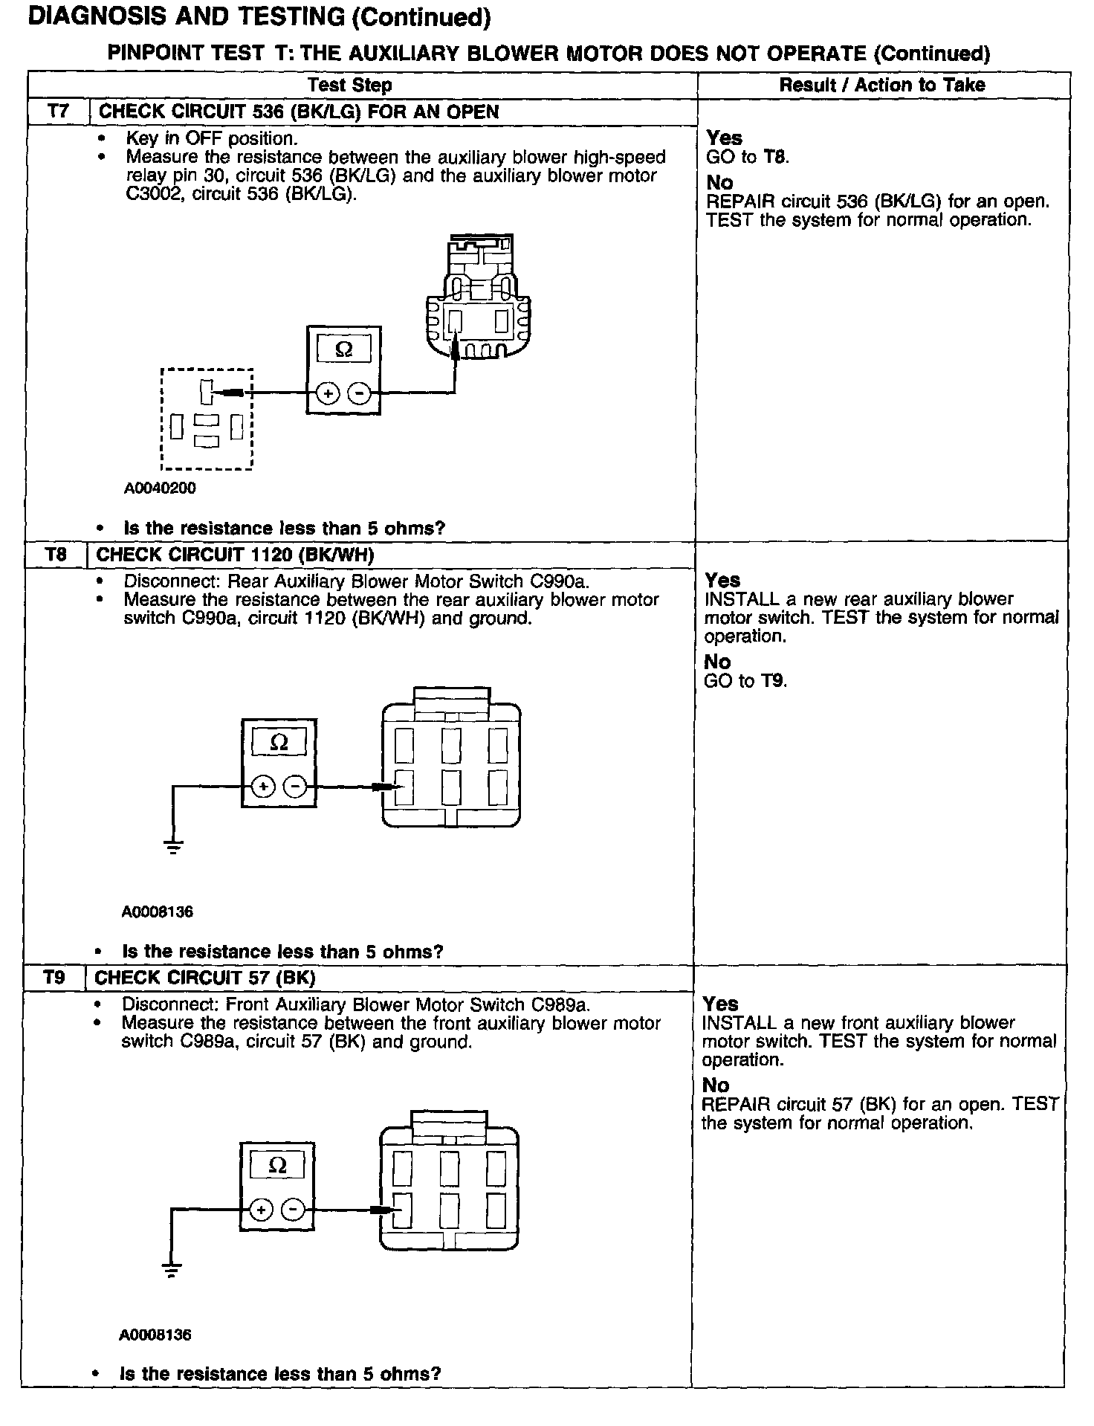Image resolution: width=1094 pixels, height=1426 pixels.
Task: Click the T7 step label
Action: pyautogui.click(x=57, y=112)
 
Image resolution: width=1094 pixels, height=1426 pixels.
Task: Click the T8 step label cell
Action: pyautogui.click(x=56, y=555)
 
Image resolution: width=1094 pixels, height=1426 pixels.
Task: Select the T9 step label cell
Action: pyautogui.click(x=54, y=977)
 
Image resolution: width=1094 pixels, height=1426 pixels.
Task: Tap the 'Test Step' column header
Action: pyautogui.click(x=349, y=85)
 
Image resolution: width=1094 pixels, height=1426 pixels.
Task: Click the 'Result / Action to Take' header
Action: pyautogui.click(x=882, y=85)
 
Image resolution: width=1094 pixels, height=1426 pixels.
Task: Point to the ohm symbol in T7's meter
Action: pyautogui.click(x=344, y=349)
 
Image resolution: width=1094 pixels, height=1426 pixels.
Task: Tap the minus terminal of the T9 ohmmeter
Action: pyautogui.click(x=293, y=1210)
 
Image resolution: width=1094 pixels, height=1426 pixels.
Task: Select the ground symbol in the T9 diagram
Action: pyautogui.click(x=171, y=1270)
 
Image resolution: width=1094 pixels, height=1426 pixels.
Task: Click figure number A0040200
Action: pyautogui.click(x=160, y=488)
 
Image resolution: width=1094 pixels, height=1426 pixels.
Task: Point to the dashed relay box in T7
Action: pyautogui.click(x=207, y=419)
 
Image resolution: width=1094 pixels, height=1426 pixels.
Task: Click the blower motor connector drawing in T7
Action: pyautogui.click(x=479, y=297)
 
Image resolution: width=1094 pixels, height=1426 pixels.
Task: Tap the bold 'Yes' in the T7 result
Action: pyautogui.click(x=724, y=138)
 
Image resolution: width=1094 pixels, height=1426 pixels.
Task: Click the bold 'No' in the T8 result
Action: pyautogui.click(x=717, y=661)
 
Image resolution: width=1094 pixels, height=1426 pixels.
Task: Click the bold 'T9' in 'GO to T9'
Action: pyautogui.click(x=773, y=680)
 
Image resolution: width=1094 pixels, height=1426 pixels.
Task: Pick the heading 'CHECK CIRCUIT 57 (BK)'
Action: pyautogui.click(x=205, y=977)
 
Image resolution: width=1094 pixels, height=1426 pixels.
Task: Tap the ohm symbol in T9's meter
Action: pyautogui.click(x=277, y=1166)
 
